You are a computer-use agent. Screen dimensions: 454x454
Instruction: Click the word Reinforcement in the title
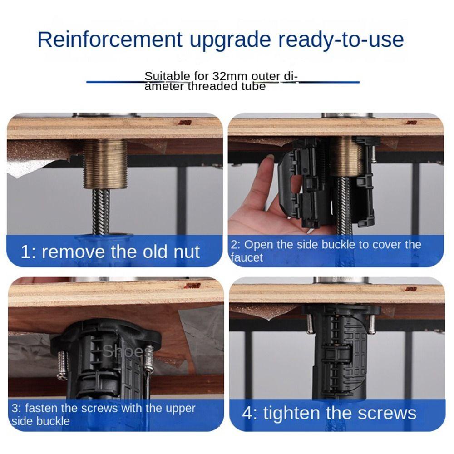click(110, 39)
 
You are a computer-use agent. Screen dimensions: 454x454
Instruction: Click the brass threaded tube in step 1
click(105, 164)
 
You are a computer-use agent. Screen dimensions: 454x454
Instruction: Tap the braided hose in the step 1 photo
click(101, 212)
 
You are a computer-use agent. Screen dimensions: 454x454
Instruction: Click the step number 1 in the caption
click(26, 252)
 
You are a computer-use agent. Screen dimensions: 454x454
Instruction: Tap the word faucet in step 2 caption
click(247, 258)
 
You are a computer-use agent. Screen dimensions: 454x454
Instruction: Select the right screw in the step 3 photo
click(149, 359)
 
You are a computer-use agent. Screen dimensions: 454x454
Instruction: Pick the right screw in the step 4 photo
click(372, 323)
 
